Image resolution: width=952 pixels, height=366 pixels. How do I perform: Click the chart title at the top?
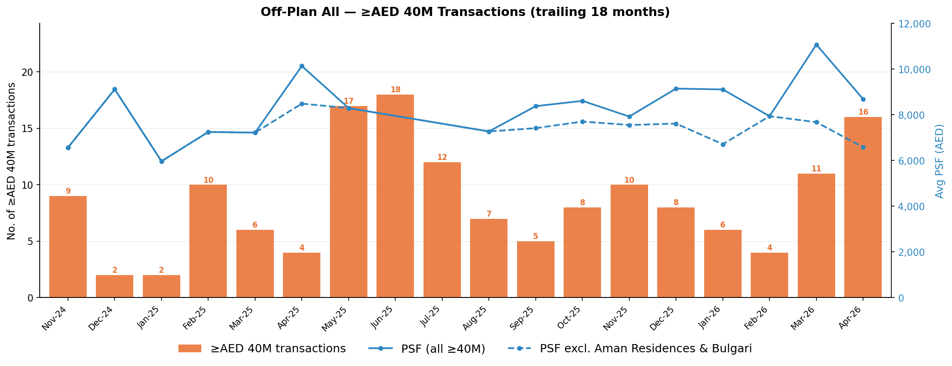coord(465,12)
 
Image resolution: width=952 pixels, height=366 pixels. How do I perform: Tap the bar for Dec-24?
coord(115,286)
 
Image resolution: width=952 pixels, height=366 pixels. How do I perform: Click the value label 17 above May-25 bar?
coord(348,101)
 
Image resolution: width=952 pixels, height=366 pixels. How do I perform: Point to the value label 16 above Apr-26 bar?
coord(863,112)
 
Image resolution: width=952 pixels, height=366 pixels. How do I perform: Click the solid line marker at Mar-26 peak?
coord(816,45)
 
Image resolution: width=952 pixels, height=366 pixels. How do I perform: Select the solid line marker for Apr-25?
coord(302,66)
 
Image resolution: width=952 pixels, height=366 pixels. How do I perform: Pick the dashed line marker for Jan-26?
coord(723,144)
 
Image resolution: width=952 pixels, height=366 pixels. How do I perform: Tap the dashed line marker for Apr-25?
coord(302,104)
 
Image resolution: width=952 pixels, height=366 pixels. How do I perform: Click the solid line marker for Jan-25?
coord(162,161)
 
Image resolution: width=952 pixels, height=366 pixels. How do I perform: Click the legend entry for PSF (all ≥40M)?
coord(443,349)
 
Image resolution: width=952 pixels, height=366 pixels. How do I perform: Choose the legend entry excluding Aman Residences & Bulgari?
coord(645,349)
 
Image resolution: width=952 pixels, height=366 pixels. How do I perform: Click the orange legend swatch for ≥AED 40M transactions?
coord(190,349)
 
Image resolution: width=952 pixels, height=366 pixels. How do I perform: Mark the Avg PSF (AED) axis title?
coord(939,161)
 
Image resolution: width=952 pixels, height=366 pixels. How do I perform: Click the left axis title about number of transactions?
coord(11,161)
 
